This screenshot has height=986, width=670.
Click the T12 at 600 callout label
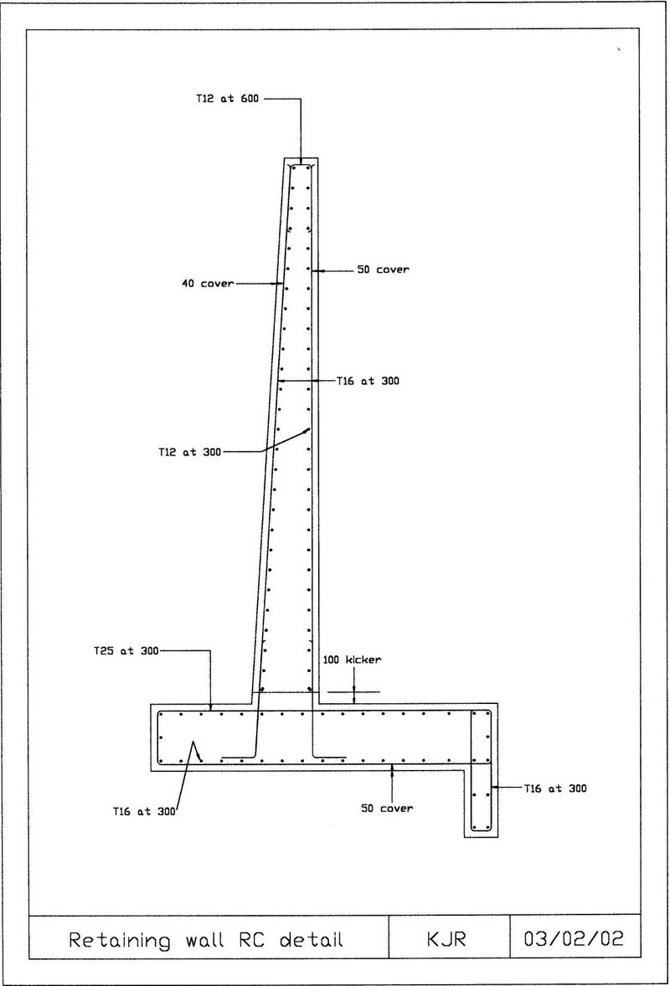[227, 98]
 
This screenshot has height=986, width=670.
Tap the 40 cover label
[208, 284]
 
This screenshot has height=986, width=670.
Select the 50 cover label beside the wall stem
[383, 270]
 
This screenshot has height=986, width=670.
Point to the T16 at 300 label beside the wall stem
[368, 381]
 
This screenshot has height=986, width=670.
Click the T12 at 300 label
[189, 451]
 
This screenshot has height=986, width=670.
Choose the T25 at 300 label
[126, 651]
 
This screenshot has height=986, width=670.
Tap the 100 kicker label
[353, 660]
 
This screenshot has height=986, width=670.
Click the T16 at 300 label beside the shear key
[555, 788]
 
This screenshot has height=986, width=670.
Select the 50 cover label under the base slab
[387, 808]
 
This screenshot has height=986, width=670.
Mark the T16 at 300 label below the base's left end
[144, 811]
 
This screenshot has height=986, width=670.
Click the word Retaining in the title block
[120, 941]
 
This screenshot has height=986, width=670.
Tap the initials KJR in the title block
[446, 939]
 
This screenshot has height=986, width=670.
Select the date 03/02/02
[574, 939]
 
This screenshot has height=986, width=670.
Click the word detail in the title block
[312, 940]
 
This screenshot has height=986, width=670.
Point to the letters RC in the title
[251, 940]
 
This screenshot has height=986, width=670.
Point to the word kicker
[363, 660]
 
